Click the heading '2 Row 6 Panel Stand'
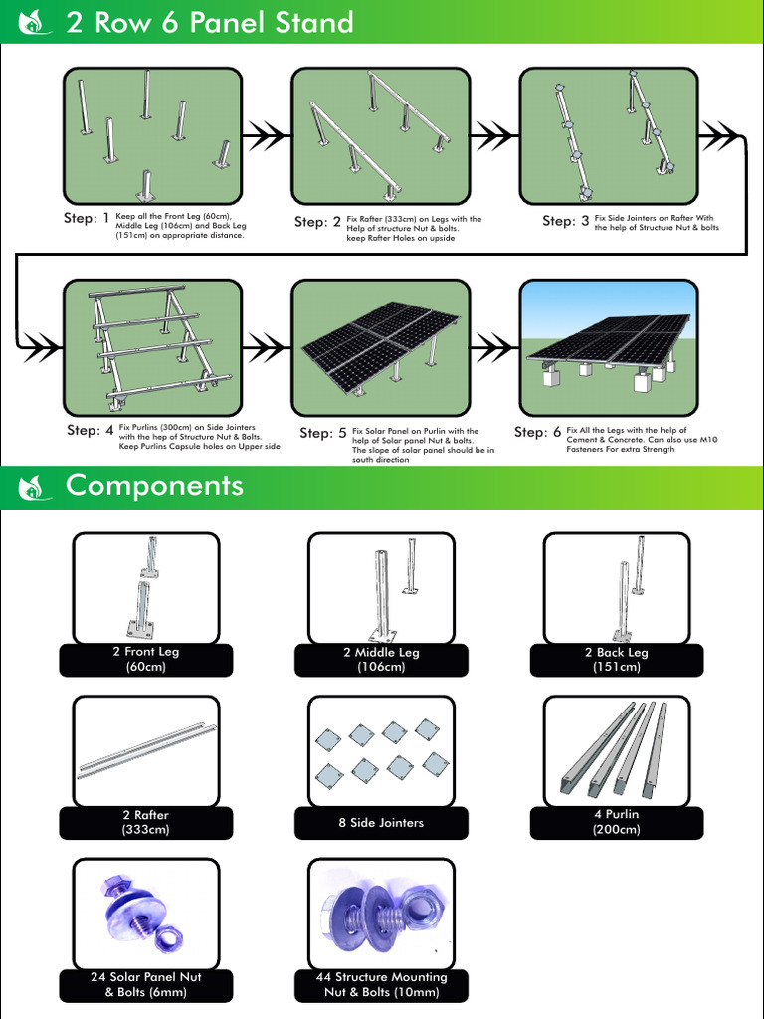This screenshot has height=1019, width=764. tap(209, 22)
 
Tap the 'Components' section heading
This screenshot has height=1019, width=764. tap(154, 486)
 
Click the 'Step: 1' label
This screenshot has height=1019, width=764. tap(86, 218)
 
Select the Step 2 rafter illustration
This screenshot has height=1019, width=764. tap(380, 135)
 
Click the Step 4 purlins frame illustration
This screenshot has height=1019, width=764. tap(152, 347)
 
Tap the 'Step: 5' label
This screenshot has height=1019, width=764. tap(322, 433)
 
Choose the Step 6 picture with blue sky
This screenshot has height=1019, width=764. tap(608, 347)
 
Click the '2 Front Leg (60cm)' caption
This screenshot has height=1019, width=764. tap(145, 660)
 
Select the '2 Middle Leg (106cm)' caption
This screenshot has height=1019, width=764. tap(381, 660)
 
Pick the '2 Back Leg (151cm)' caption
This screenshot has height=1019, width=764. tap(616, 660)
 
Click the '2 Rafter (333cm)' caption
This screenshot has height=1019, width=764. tap(145, 822)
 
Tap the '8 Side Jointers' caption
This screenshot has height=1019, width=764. tap(381, 823)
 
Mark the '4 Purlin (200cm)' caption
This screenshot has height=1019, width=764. tap(616, 822)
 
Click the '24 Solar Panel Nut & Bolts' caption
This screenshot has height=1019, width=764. tap(145, 985)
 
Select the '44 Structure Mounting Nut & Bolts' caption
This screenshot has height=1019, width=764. tap(381, 985)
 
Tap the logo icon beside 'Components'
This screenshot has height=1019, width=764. tap(33, 487)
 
